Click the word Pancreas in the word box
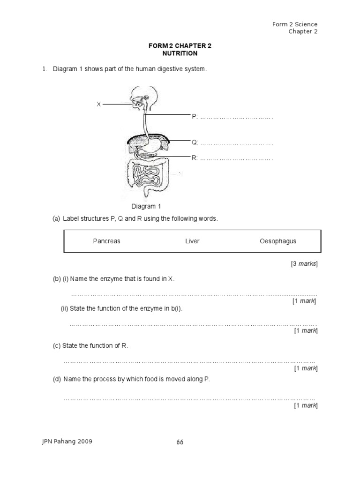pyautogui.click(x=107, y=241)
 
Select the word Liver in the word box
pyautogui.click(x=192, y=241)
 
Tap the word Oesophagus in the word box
pyautogui.click(x=278, y=241)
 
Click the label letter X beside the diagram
pyautogui.click(x=98, y=104)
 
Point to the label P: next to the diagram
pyautogui.click(x=195, y=117)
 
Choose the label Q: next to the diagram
pyautogui.click(x=195, y=142)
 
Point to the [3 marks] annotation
pyautogui.click(x=304, y=264)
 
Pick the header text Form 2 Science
pyautogui.click(x=295, y=24)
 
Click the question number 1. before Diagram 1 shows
pyautogui.click(x=45, y=69)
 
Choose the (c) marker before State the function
pyautogui.click(x=56, y=346)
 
